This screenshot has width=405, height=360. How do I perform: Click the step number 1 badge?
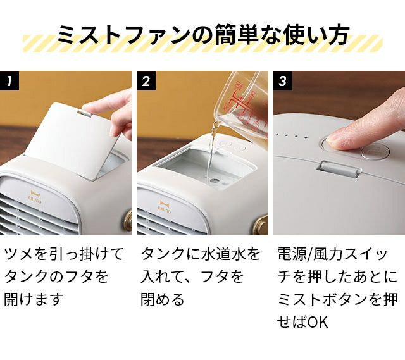(x=9, y=81)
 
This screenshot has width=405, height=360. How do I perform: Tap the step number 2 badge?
(x=146, y=81)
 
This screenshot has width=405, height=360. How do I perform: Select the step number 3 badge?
(x=283, y=81)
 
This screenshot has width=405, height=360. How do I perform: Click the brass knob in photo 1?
(x=127, y=221)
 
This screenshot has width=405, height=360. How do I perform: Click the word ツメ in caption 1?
(x=18, y=254)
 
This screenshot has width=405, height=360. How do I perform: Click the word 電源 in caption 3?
(x=290, y=254)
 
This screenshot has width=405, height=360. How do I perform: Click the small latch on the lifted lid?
(x=85, y=113)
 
